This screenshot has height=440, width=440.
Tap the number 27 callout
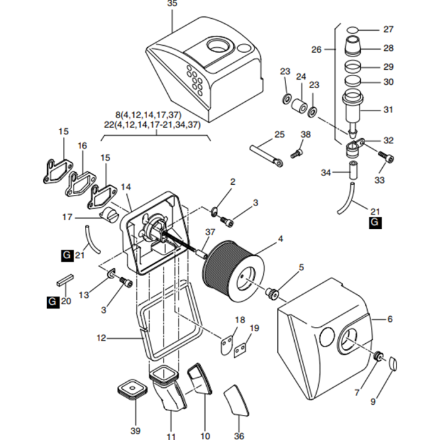(388, 29)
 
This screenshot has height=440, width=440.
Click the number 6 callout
(390, 320)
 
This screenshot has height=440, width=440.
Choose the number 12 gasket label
(101, 338)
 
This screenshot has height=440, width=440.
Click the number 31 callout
(388, 109)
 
